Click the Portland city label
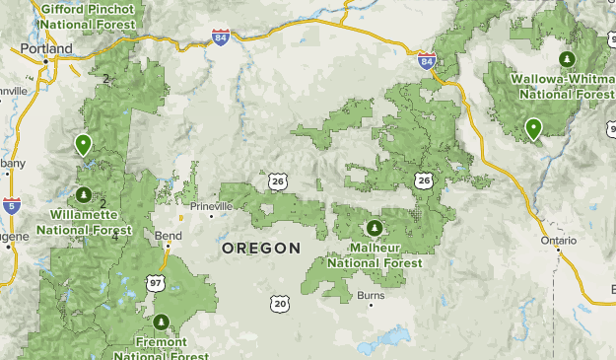[x=45, y=48]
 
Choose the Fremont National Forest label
[x=162, y=348]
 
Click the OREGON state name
[x=260, y=249]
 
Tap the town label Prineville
[x=212, y=206]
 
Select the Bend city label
[x=169, y=237]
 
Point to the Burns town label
[x=371, y=295]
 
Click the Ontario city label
[x=558, y=241]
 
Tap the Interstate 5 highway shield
[x=11, y=205]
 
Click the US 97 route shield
[x=156, y=283]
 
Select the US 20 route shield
[x=281, y=304]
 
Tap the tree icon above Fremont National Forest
[x=162, y=322]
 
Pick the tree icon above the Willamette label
[x=85, y=194]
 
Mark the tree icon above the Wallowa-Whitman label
[x=566, y=58]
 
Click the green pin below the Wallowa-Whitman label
[x=533, y=128]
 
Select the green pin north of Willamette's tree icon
[x=84, y=145]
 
